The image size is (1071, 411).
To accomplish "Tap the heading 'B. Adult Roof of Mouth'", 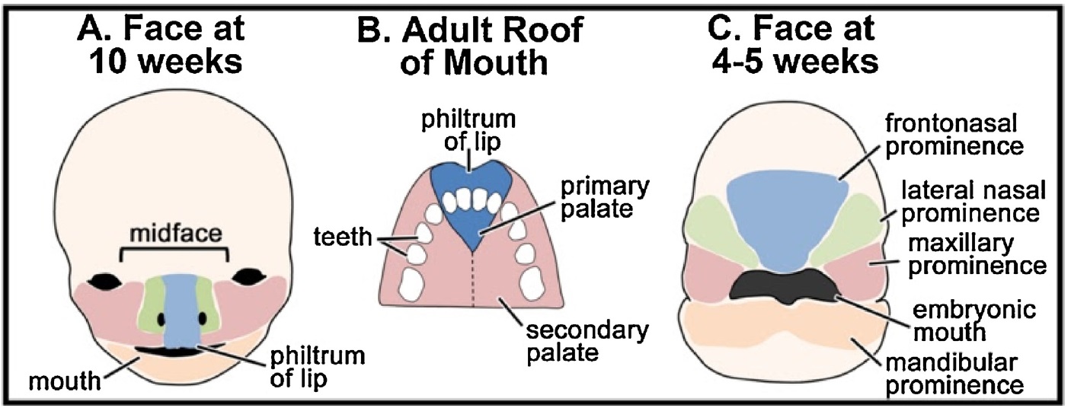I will (470, 45).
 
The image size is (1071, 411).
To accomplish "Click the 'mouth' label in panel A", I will (65, 378).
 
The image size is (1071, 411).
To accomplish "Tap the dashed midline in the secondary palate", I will (474, 282).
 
